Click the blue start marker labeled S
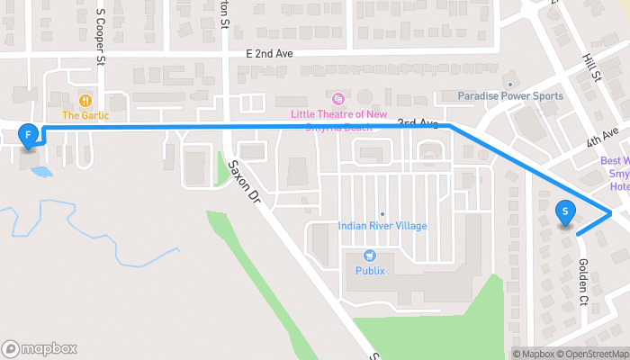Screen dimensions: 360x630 click(x=565, y=212)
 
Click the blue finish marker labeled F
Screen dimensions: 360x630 click(x=29, y=136)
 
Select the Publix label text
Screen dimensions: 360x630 click(x=369, y=270)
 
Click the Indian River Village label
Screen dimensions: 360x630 click(x=382, y=226)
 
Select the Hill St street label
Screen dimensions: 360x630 click(x=591, y=67)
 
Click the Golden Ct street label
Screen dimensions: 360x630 click(x=583, y=282)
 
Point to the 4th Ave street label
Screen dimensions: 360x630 click(x=603, y=138)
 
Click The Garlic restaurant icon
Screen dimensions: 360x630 click(x=85, y=101)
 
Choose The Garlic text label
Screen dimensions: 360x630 click(x=85, y=115)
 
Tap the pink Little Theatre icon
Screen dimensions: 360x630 click(x=338, y=97)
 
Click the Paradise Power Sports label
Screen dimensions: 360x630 click(x=510, y=96)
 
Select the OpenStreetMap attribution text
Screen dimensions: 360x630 click(x=593, y=354)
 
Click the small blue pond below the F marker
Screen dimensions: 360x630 click(x=41, y=170)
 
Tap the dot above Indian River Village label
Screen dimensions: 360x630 click(x=382, y=213)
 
